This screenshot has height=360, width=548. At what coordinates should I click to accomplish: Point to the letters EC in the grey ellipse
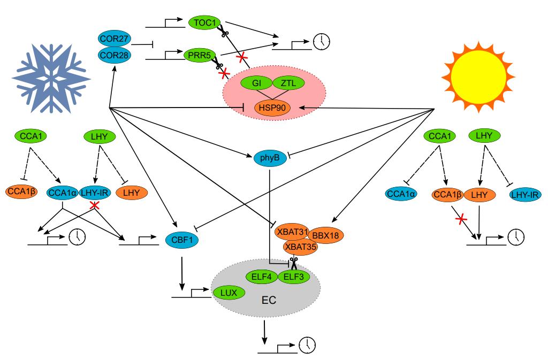(269, 300)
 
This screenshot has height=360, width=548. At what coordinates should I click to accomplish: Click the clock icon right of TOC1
(322, 41)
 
